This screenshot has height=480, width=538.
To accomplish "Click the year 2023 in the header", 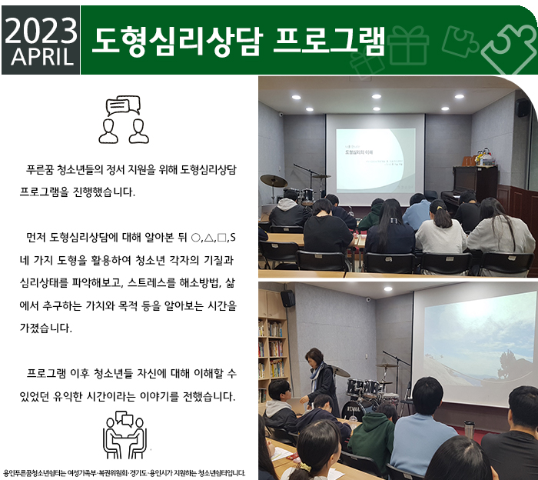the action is pos(41,30).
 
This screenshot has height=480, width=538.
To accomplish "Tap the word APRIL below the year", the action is pos(42,57).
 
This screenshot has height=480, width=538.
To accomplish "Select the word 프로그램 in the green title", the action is pos(330,42).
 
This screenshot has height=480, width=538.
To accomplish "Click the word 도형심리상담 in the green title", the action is pos(177,42).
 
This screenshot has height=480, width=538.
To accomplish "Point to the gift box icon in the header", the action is pos(408,45).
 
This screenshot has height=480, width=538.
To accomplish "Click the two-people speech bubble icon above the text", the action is pos(124,119).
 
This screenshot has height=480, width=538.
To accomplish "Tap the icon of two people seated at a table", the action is pos(125,435).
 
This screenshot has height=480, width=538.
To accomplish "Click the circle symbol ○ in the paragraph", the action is pos(195,238).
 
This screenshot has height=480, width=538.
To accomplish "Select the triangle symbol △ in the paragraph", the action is pos(208,238).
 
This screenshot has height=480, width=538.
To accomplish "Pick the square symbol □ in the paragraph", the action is pos(221,238).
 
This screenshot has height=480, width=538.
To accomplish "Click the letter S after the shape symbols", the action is pos(233,238).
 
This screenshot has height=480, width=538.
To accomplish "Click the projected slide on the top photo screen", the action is pos(375,160).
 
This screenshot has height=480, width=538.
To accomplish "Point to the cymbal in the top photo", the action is pos(274,181).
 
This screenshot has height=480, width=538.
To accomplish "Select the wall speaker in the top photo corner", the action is pos(523,108).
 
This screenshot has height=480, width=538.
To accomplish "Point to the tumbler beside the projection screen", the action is pos(469,429).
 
